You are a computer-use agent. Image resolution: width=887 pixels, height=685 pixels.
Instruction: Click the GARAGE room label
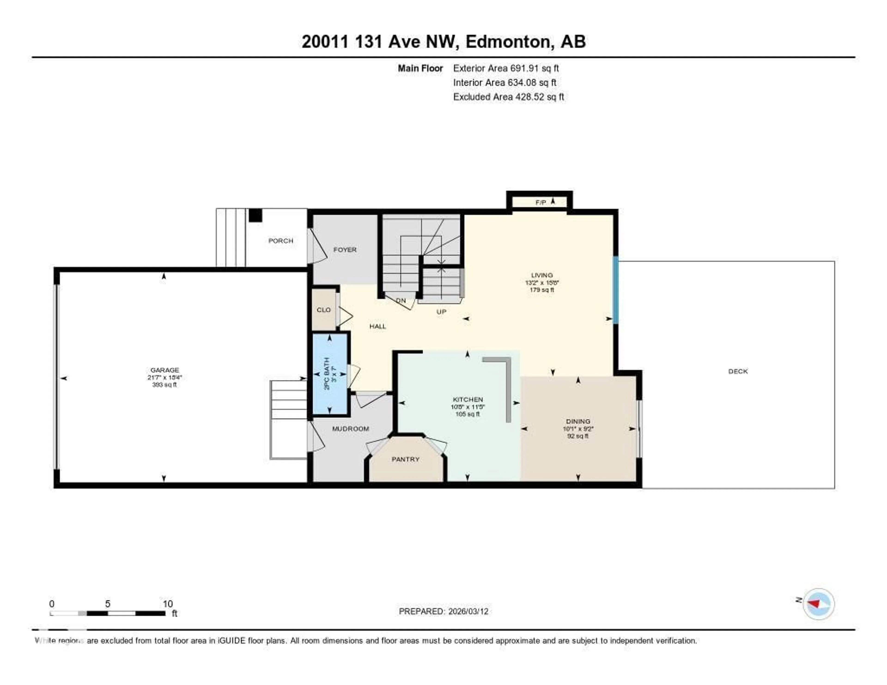164,370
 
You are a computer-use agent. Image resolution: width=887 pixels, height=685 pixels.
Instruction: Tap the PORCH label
281,241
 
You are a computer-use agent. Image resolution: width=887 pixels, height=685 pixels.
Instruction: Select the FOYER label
345,250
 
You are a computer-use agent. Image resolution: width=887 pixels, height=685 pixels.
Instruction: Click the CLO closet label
324,310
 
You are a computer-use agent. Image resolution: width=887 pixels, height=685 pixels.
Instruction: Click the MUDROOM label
350,429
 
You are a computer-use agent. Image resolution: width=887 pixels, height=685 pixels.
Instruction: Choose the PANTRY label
405,459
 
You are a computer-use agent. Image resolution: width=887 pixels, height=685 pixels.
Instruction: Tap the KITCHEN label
468,400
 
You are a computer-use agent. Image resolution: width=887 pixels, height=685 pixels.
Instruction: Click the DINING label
578,421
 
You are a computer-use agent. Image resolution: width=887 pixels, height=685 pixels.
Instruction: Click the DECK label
738,371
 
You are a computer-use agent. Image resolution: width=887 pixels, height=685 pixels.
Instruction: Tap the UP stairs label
441,312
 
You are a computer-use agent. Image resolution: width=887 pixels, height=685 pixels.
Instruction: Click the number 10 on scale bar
168,604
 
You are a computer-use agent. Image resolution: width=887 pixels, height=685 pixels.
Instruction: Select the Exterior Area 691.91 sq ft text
506,68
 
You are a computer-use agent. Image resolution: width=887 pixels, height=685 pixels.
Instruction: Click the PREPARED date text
443,612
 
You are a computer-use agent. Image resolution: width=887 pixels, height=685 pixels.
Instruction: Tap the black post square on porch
255,215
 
